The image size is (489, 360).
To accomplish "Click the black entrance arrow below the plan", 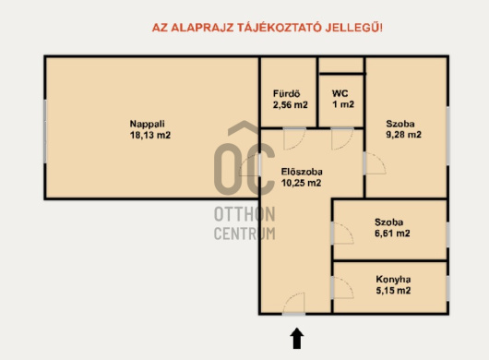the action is click(296, 338).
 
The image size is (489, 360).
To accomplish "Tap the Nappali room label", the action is click(148, 124).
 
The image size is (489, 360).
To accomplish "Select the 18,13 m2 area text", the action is click(150, 135).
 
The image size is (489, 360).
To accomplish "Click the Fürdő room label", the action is click(287, 93).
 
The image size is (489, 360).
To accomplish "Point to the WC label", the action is click(340, 93).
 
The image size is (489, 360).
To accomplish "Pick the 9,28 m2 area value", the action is click(404, 135).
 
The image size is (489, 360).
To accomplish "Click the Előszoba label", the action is click(302, 172).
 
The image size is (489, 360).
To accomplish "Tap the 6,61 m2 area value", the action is click(392, 234).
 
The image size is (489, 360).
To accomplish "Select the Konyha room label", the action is click(393, 279).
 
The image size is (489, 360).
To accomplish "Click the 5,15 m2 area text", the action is click(393, 291).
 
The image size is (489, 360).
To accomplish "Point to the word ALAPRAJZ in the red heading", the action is click(202, 28).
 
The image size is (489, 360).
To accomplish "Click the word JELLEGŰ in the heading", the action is click(352, 27).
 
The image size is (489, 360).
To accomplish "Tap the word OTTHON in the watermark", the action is click(244, 214).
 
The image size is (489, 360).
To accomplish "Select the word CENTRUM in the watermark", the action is click(244, 234).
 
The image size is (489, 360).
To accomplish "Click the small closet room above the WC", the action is click(341, 66).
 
